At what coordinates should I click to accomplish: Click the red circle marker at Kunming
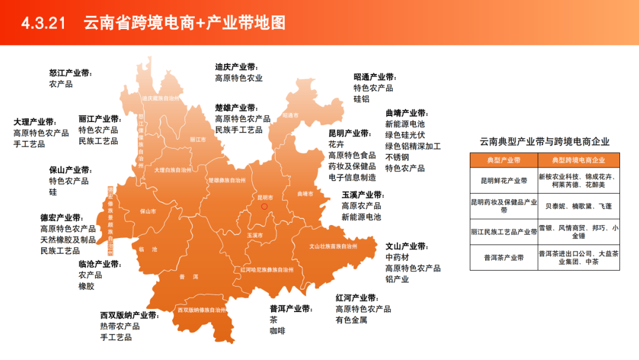(264, 206)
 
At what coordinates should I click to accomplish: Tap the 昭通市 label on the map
(291, 115)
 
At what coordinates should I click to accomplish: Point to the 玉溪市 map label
(254, 235)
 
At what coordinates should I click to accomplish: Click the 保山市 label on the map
(148, 211)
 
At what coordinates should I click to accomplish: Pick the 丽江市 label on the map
(198, 140)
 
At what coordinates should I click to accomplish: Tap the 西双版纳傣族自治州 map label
(202, 310)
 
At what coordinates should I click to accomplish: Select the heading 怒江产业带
(70, 73)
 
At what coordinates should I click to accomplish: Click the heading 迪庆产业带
(237, 67)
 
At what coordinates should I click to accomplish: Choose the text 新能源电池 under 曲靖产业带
(405, 124)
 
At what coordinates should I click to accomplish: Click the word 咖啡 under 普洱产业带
(277, 331)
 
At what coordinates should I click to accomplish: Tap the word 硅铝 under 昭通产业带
(362, 99)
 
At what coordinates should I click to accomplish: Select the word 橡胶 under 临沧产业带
(86, 286)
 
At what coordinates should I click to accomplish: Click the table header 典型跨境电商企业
(578, 160)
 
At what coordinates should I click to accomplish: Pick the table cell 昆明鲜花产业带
(504, 181)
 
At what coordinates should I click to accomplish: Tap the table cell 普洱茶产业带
(504, 258)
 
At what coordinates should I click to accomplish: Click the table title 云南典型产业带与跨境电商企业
(544, 142)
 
